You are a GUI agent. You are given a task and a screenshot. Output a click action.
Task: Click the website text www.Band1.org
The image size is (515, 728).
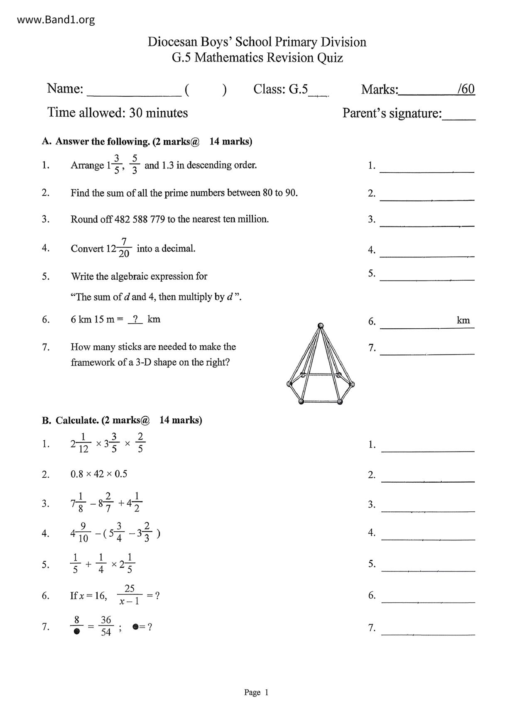click(x=56, y=20)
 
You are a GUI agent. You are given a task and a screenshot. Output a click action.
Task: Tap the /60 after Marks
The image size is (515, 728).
click(x=466, y=89)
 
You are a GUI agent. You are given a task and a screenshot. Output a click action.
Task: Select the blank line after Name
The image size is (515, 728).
click(x=134, y=92)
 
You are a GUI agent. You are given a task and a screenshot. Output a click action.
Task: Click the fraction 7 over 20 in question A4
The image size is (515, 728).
click(x=124, y=248)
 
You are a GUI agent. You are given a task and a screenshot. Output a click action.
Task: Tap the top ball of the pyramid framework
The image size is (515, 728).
click(x=320, y=326)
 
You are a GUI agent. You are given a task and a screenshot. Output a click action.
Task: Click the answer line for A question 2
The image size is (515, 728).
click(x=427, y=196)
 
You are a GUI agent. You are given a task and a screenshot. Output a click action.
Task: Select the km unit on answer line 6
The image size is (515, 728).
click(x=463, y=320)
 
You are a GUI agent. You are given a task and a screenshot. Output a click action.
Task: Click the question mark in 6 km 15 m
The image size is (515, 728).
click(x=135, y=319)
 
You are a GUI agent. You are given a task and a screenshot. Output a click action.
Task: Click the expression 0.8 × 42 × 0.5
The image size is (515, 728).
click(x=99, y=474)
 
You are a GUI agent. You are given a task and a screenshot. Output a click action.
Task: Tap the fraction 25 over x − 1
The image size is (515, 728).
click(x=130, y=595)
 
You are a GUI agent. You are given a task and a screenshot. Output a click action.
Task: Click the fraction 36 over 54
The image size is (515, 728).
click(x=106, y=626)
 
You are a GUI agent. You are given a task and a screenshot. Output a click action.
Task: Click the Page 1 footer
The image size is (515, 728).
click(x=256, y=692)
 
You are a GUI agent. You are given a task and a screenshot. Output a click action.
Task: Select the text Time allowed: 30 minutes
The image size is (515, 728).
click(x=118, y=113)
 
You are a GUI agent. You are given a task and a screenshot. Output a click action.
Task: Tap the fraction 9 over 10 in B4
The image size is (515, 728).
click(x=83, y=533)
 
